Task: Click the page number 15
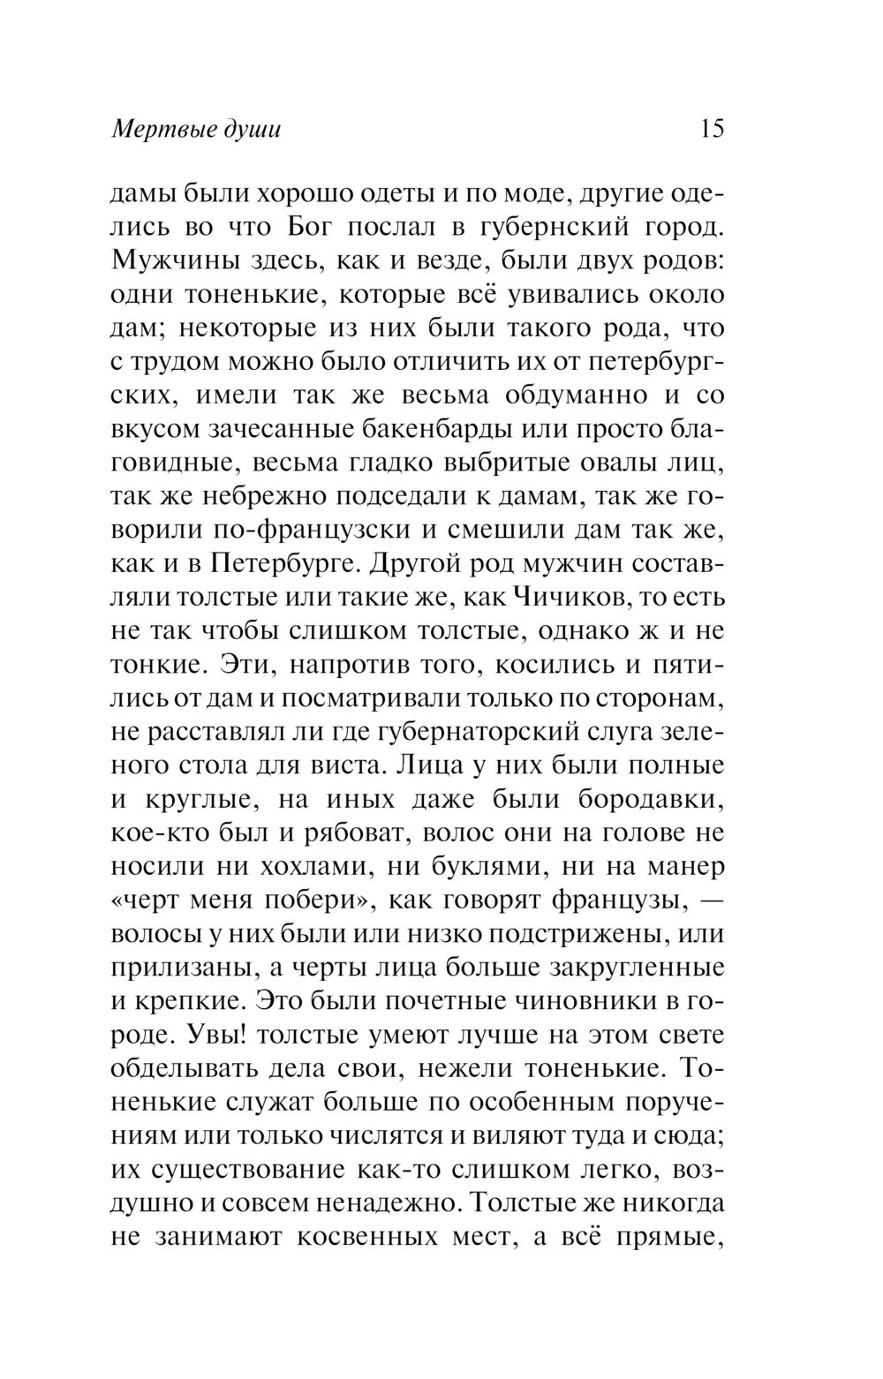click(711, 129)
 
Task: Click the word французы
click(604, 900)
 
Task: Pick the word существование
click(244, 1170)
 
